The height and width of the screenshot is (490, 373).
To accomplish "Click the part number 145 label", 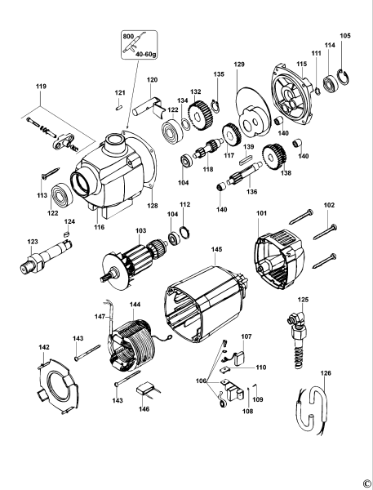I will tap(216, 249).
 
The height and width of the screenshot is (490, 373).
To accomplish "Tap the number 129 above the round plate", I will tap(239, 64).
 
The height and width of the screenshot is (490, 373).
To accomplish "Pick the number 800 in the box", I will tap(127, 38).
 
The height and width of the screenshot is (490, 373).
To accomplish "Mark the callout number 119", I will tap(40, 84).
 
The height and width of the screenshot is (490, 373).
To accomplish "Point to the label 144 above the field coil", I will tap(135, 303).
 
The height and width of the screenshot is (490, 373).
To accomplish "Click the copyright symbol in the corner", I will tap(366, 483).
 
